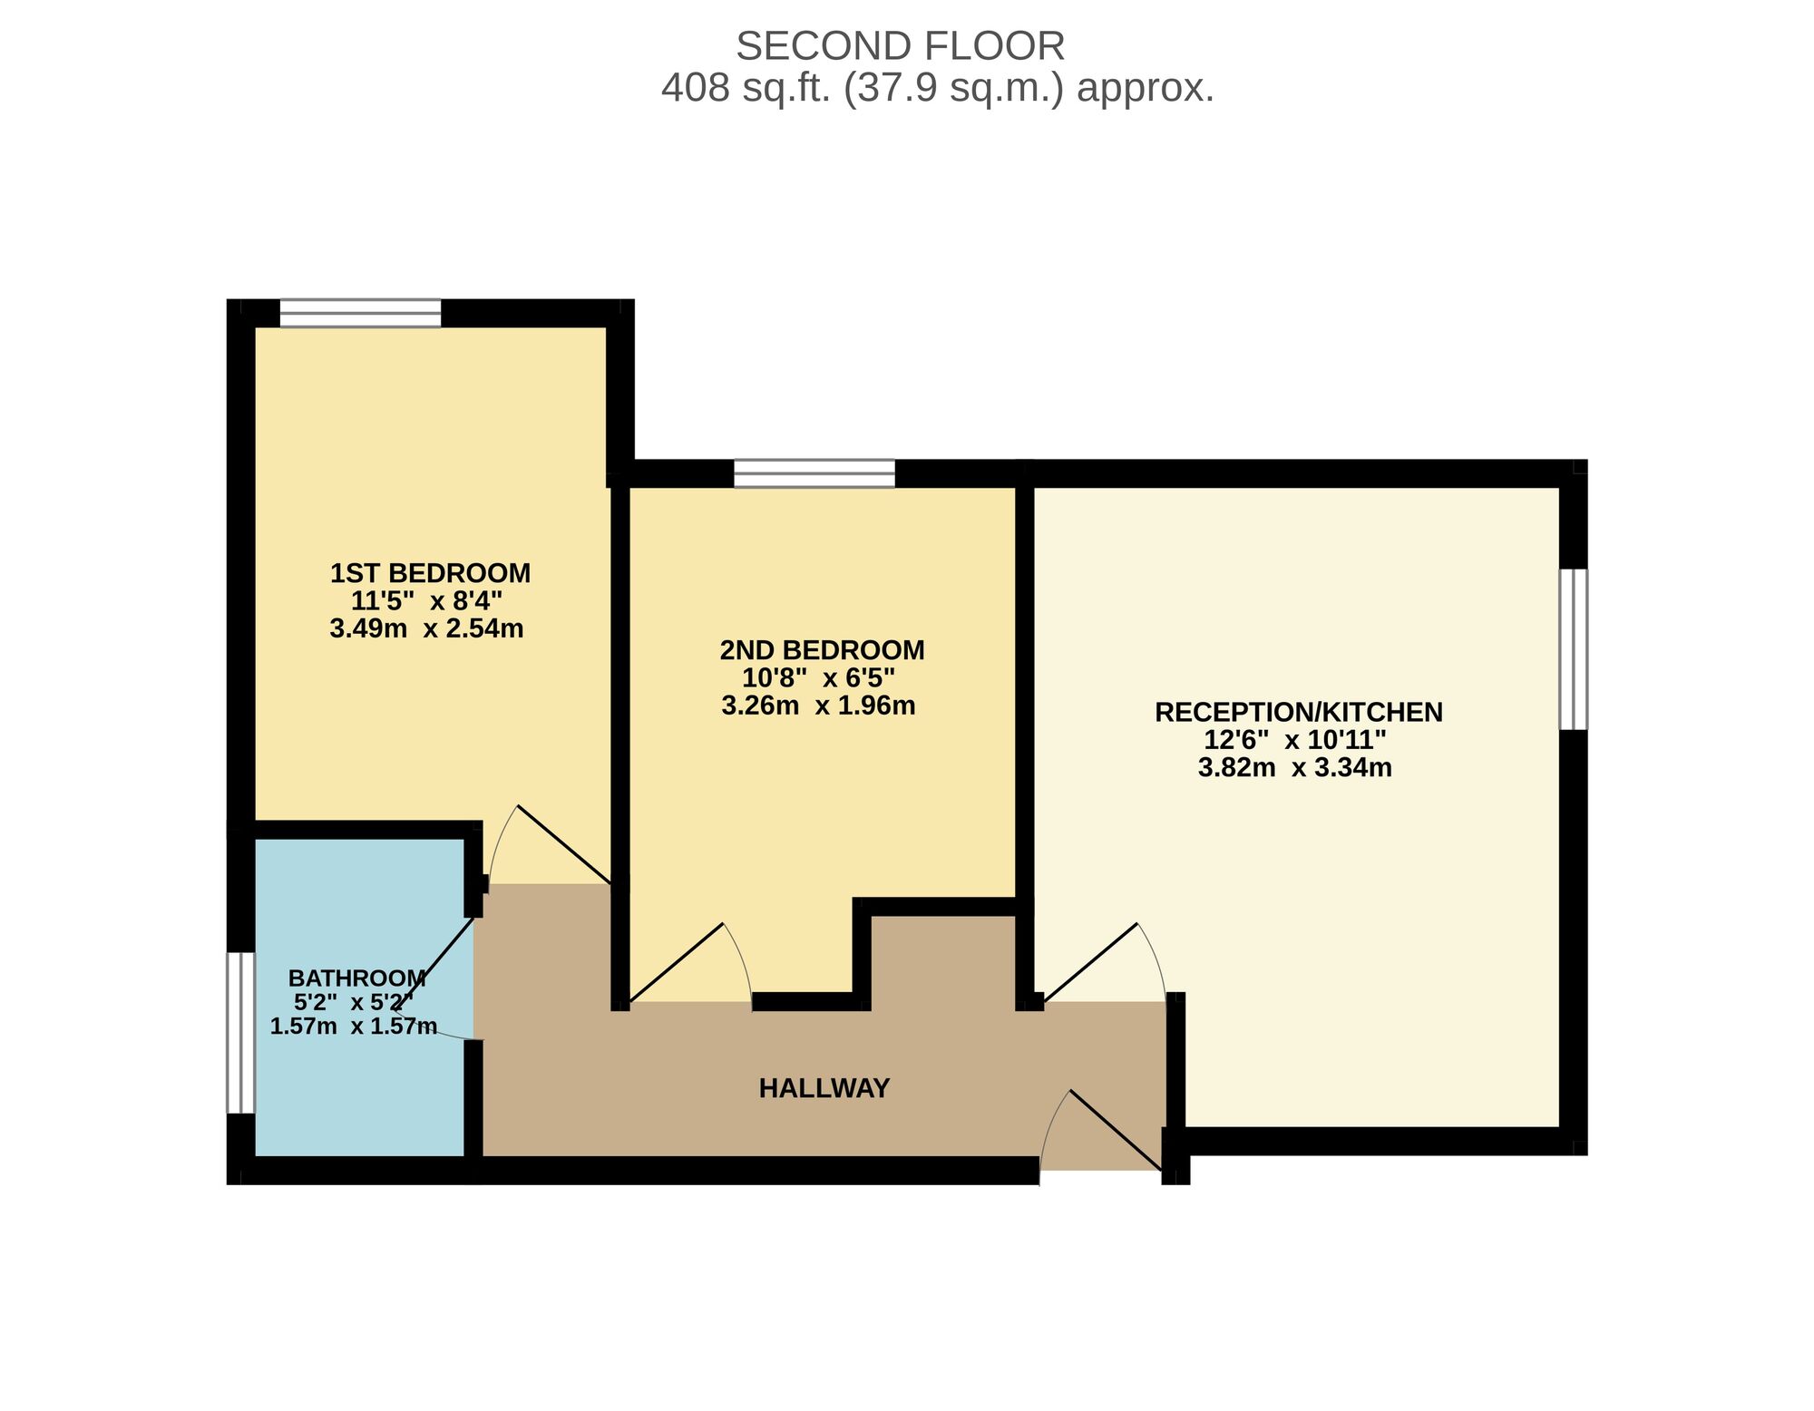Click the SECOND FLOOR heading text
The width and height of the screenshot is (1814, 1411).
pos(900,46)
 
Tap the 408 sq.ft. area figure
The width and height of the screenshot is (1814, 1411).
pos(937,89)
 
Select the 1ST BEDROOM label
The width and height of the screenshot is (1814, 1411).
pos(430,573)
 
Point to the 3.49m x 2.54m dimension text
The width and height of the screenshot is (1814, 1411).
pos(426,628)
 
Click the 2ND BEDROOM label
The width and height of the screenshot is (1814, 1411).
pos(822,650)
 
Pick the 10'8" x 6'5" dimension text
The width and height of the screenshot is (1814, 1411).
pos(818,677)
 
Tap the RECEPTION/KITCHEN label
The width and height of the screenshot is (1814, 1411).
pos(1298,712)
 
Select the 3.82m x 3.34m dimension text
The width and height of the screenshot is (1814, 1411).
pos(1294,768)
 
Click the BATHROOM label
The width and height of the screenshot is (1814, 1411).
pos(356,978)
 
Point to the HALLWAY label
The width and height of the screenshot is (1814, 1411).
pos(824,1088)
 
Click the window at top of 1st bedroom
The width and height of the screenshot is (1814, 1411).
pos(360,313)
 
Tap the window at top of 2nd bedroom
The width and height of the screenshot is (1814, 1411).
pos(814,473)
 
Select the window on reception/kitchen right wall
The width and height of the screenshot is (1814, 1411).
pos(1574,649)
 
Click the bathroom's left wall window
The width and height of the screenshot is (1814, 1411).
pos(240,1032)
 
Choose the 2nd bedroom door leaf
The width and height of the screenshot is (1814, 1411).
pos(677,963)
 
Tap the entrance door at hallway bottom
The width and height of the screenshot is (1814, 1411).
pos(1116,1130)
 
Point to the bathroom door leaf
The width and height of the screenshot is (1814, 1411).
pos(436,961)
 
